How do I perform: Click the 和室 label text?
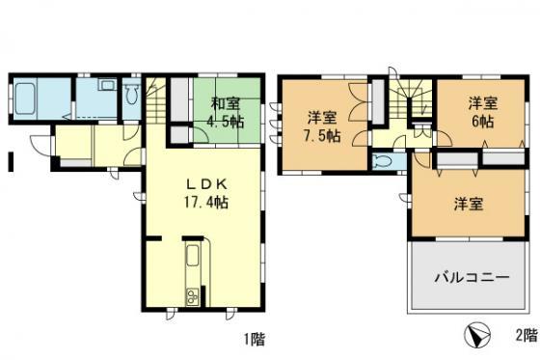click(226, 103)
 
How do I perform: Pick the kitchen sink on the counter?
click(192, 260)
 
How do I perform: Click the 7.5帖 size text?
click(321, 137)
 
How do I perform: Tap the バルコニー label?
click(470, 277)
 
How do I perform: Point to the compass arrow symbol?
click(474, 336)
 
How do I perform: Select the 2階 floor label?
click(525, 337)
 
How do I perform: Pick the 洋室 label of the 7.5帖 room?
click(322, 117)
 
